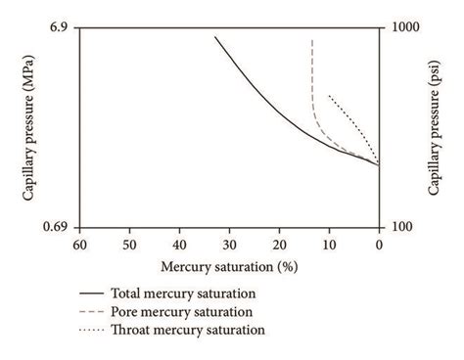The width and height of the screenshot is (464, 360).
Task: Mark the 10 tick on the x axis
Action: (329, 244)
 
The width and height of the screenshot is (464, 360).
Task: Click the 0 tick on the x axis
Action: (379, 244)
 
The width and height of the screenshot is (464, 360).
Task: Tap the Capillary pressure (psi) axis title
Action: (434, 127)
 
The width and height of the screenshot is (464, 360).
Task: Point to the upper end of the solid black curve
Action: (215, 36)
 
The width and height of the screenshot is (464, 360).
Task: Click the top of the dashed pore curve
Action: (312, 40)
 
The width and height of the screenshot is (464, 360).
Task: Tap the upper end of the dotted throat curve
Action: (329, 95)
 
